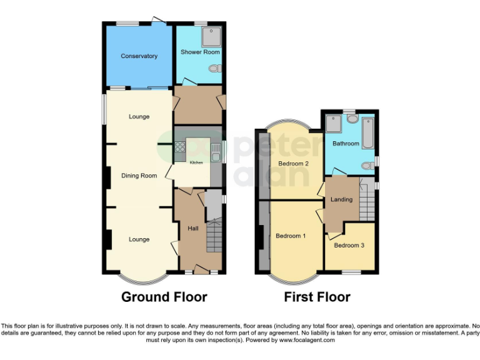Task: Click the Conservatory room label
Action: click(x=139, y=56)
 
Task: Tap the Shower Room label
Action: click(x=200, y=52)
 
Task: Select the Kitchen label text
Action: click(x=196, y=162)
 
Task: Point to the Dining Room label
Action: click(x=139, y=176)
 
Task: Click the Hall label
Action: click(x=193, y=229)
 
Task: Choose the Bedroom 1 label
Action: click(x=291, y=236)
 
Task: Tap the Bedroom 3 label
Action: click(x=349, y=245)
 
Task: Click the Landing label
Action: click(x=341, y=199)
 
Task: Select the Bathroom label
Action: click(x=346, y=144)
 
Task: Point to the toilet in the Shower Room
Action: click(x=214, y=69)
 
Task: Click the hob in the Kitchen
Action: click(x=180, y=148)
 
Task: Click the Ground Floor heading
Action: click(x=164, y=297)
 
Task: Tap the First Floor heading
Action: click(x=317, y=297)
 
